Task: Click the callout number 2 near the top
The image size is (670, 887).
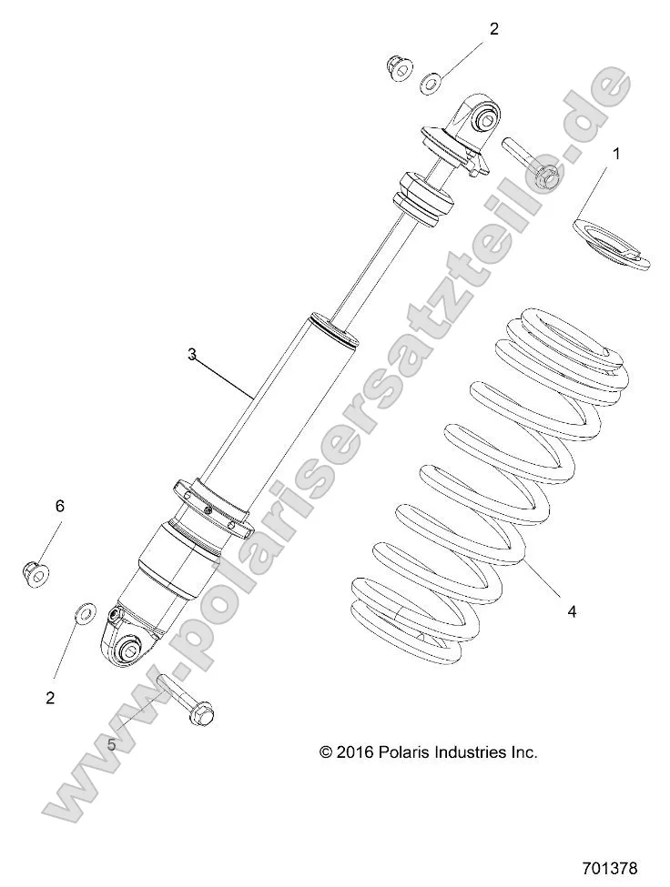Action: tap(494, 29)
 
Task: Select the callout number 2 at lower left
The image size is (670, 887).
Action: tap(50, 698)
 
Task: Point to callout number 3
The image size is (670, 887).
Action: tap(192, 355)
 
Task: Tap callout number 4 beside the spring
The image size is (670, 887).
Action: tap(572, 612)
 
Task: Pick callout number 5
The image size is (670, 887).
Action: tap(112, 743)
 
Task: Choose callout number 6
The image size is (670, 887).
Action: tap(60, 506)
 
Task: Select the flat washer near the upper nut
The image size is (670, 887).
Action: tap(431, 85)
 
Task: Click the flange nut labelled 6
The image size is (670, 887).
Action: tap(35, 572)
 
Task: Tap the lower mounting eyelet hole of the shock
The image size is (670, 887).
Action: tap(128, 649)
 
